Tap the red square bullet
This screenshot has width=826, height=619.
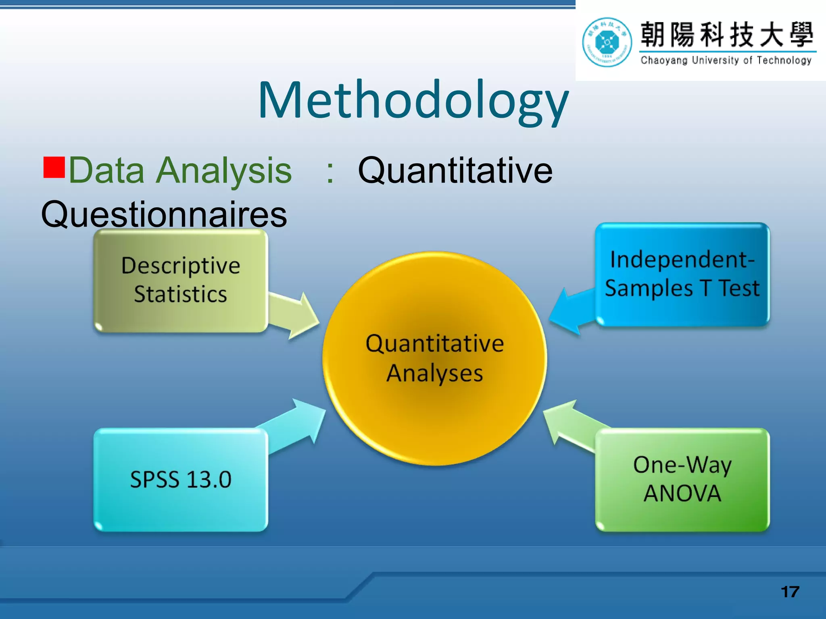[x=54, y=167]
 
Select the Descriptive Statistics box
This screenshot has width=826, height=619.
[x=180, y=280]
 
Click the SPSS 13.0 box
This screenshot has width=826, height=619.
[x=180, y=480]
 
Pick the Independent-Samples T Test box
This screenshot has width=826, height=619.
[x=682, y=274]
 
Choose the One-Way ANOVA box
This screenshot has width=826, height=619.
[x=682, y=480]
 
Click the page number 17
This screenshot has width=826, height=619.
[x=790, y=592]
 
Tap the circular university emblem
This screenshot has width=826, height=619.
[x=607, y=42]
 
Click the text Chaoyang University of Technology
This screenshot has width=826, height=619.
[x=726, y=60]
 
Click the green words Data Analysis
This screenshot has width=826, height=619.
[x=180, y=171]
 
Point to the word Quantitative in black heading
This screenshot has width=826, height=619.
[x=455, y=171]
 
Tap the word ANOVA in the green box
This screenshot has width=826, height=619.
[x=682, y=493]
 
